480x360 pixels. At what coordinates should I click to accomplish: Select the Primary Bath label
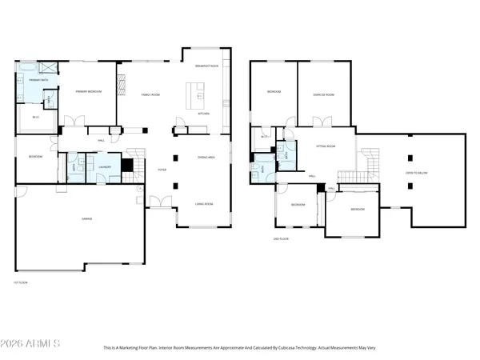click(x=38, y=81)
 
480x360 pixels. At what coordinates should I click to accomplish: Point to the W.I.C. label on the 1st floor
click(x=36, y=118)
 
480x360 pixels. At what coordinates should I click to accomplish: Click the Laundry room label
click(x=104, y=167)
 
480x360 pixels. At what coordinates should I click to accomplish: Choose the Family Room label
click(x=151, y=94)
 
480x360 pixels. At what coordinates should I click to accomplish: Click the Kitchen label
click(x=203, y=114)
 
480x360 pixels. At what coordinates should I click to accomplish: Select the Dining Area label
click(x=207, y=157)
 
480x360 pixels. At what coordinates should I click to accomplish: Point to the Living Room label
click(x=204, y=205)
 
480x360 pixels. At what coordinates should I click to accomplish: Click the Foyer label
click(x=162, y=170)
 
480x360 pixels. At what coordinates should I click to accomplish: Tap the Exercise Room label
click(x=323, y=94)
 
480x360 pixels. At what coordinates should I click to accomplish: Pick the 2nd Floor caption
click(x=279, y=239)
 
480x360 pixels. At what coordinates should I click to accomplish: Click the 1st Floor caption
click(x=20, y=282)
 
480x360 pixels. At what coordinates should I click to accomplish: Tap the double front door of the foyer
click(x=166, y=202)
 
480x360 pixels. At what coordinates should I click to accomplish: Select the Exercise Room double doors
click(x=322, y=122)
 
